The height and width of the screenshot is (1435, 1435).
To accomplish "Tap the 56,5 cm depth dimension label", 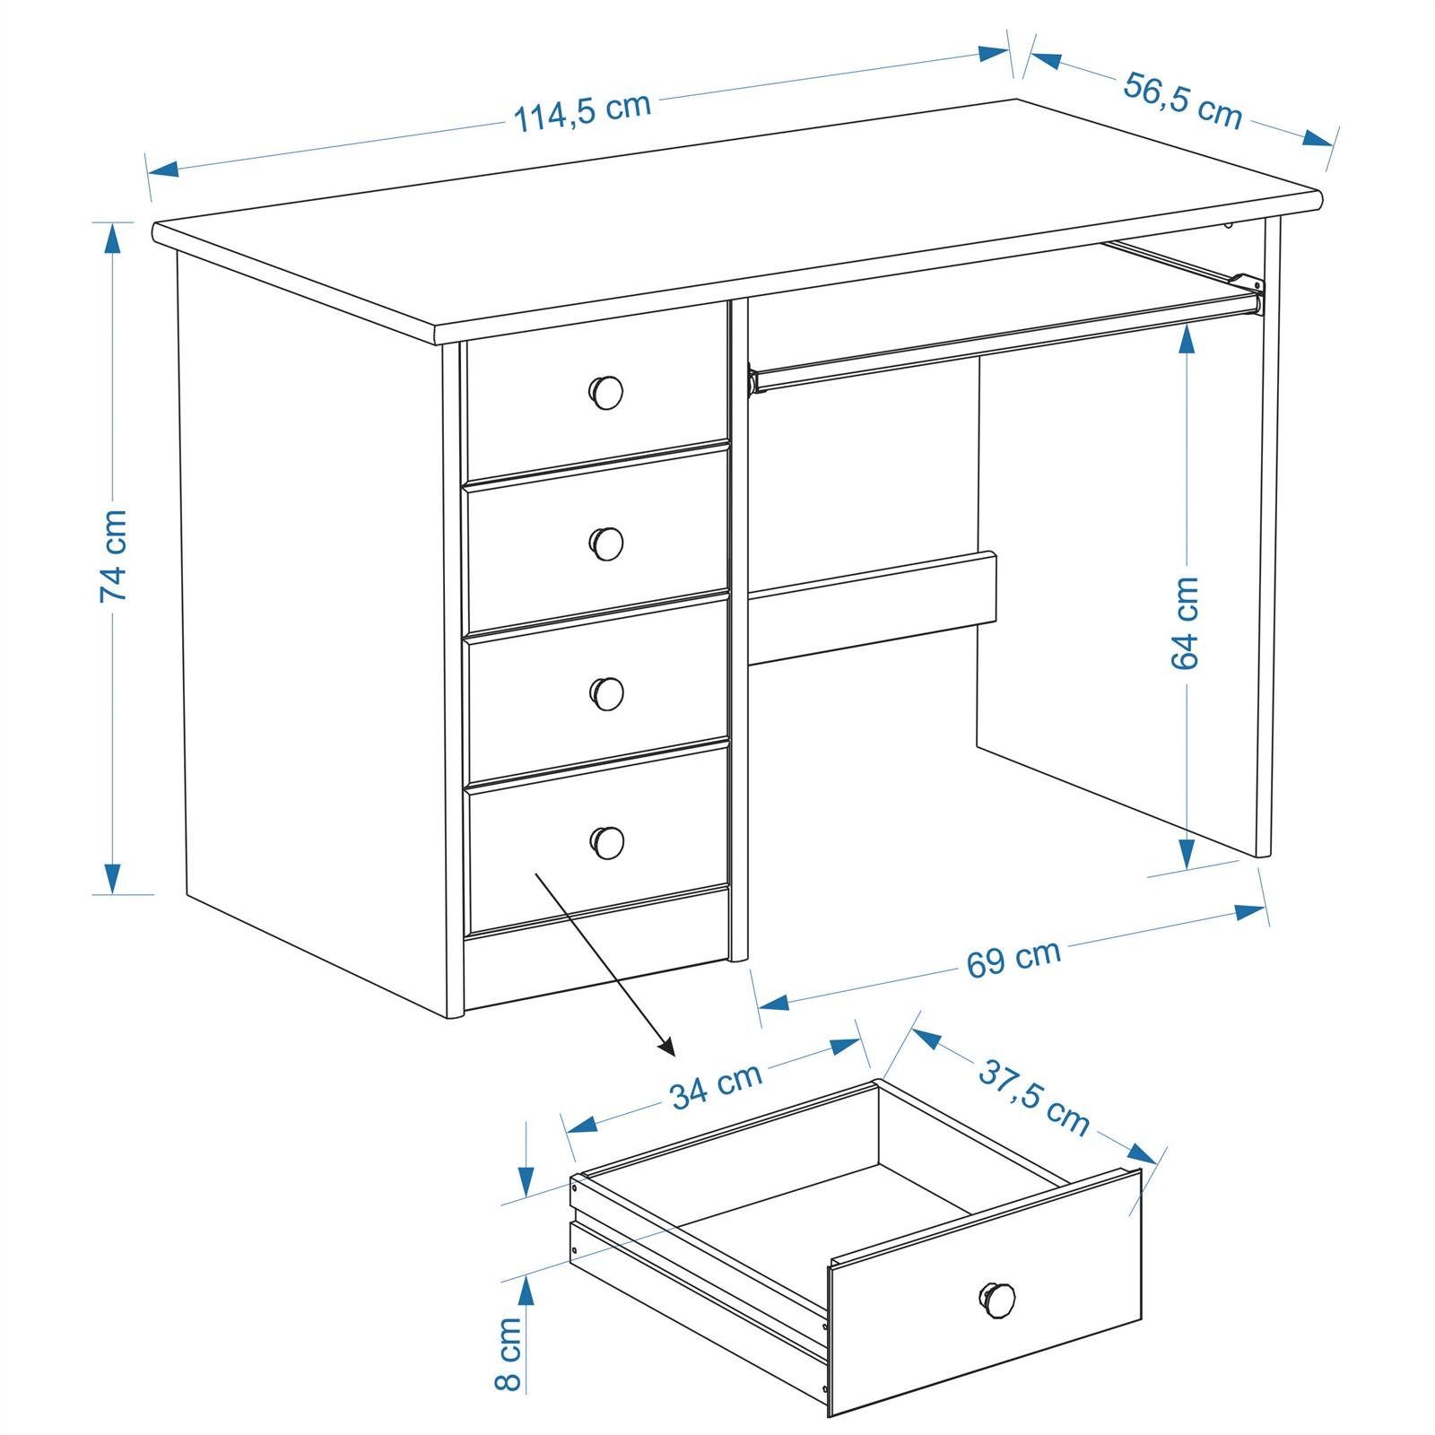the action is pyautogui.click(x=1183, y=100).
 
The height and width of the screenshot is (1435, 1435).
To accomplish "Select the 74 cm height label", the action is pyautogui.click(x=114, y=556).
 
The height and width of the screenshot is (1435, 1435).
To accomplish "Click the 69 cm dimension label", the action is pyautogui.click(x=1013, y=958).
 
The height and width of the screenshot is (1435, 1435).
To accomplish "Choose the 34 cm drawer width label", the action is pyautogui.click(x=716, y=1084).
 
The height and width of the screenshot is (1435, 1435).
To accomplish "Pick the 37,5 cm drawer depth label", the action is pyautogui.click(x=1033, y=1098).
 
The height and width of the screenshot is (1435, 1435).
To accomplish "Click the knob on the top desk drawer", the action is pyautogui.click(x=606, y=392).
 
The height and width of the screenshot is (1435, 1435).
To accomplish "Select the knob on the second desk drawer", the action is pyautogui.click(x=607, y=543).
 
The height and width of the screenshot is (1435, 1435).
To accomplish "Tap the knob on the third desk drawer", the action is pyautogui.click(x=607, y=692).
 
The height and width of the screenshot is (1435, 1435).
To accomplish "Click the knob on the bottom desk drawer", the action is pyautogui.click(x=607, y=841).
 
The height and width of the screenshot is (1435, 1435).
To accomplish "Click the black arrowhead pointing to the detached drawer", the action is pyautogui.click(x=665, y=1046).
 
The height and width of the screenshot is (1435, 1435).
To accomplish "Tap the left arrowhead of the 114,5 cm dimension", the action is pyautogui.click(x=163, y=168).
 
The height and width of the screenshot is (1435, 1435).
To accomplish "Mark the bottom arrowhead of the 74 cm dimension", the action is pyautogui.click(x=112, y=878).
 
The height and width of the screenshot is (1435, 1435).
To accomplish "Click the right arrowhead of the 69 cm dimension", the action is pyautogui.click(x=1251, y=912).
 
